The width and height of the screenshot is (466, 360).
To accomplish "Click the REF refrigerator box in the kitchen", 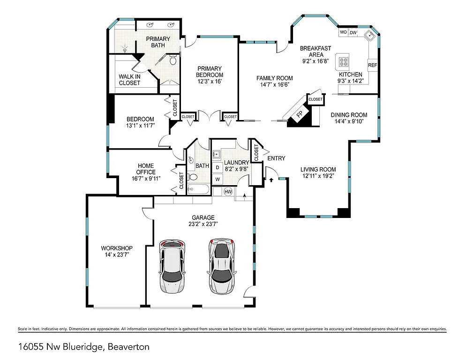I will tap(372, 65).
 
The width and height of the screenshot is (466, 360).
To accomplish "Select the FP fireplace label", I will tap(299, 114).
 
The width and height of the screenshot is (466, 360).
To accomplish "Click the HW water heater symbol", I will tap(228, 191).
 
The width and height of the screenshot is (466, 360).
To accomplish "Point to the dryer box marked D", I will tap(218, 167).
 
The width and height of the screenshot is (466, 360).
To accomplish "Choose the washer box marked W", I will tap(218, 179).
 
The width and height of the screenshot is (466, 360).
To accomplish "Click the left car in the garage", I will tap(172, 266).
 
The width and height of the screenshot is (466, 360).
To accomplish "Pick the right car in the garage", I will tap(221, 266).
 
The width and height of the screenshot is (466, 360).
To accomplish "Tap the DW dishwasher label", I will tap(353, 32).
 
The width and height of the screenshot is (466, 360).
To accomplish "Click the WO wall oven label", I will tap(343, 32).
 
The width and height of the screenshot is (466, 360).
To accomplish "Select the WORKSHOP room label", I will tap(117, 248).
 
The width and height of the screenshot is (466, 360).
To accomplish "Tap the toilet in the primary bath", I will tap(173, 60).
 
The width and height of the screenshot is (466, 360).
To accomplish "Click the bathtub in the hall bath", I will tap(199, 189).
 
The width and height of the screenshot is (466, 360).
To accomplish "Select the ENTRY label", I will tap(276, 158).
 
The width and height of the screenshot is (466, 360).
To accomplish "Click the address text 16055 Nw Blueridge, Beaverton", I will tap(84, 347).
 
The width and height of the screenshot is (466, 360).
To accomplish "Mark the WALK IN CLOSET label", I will tap(129, 80).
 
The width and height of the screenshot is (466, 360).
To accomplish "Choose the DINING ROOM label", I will tap(349, 115).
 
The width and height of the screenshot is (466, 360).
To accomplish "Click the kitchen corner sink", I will tap(369, 36).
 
